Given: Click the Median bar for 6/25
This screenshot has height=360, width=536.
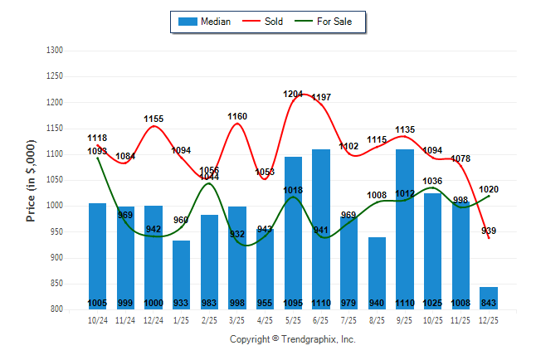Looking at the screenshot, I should [320, 224].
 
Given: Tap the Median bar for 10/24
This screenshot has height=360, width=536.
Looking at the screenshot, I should [98, 249].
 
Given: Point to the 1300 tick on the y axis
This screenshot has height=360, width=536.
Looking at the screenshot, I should [56, 51].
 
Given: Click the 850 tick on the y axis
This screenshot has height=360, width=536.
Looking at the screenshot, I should [57, 284].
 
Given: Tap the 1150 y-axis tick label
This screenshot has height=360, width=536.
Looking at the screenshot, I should [56, 129].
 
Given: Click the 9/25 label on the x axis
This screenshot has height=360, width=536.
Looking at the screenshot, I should [405, 319].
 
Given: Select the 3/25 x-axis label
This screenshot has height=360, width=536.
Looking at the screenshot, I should [237, 319].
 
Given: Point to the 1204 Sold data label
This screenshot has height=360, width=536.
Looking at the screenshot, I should [293, 95].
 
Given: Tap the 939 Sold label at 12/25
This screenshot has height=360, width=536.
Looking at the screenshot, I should [490, 231].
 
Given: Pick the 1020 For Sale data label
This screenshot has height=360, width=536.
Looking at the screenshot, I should [490, 189].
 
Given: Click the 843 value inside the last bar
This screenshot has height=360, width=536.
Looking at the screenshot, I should [489, 303].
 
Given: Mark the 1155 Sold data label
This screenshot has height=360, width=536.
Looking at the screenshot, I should [153, 119].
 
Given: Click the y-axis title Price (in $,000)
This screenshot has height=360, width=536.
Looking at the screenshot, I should [31, 180].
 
